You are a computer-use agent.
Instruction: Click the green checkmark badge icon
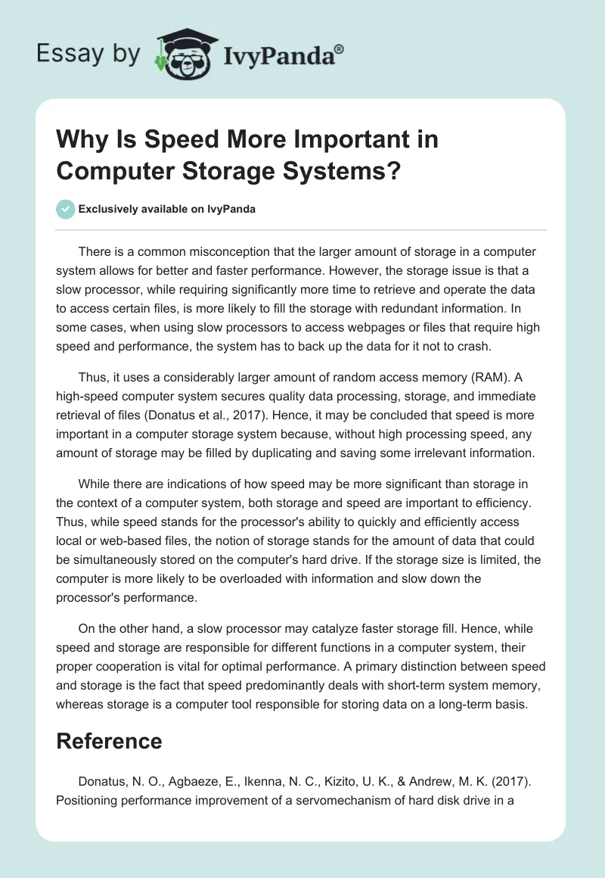point(66,209)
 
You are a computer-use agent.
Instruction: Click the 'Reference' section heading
point(109,740)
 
